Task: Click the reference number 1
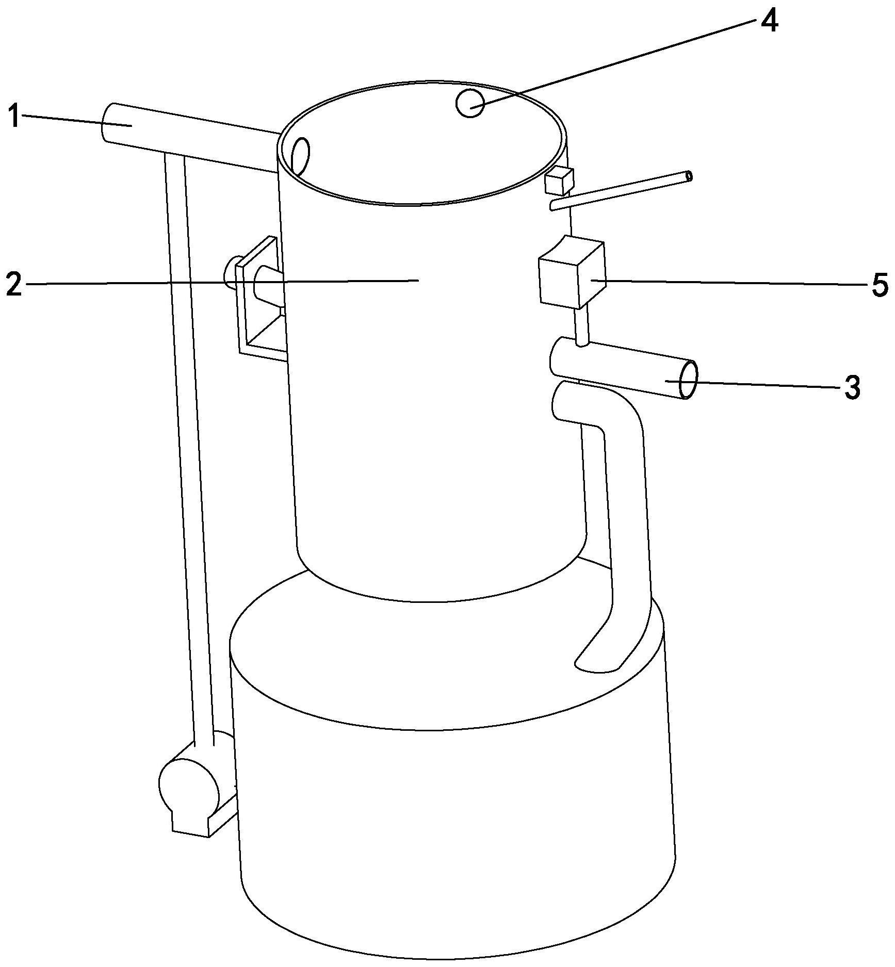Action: pos(14,116)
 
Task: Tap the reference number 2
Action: pos(14,283)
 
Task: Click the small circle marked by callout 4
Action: pos(470,103)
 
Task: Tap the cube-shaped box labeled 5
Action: pos(571,272)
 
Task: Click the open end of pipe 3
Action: pos(689,380)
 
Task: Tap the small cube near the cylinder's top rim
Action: pos(559,181)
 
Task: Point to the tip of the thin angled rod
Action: pos(690,176)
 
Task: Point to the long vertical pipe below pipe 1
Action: pos(189,449)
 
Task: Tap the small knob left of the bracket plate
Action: pos(230,271)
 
